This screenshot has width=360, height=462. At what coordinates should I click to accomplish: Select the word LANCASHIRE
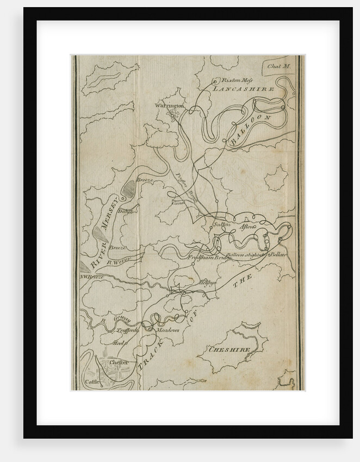tap(242, 88)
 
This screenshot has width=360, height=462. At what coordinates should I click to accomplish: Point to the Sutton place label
tap(222, 224)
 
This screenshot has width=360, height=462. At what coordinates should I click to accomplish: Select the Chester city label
tap(119, 362)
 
